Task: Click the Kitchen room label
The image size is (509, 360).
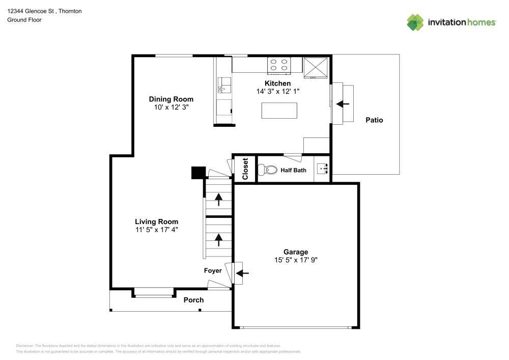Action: click(277, 84)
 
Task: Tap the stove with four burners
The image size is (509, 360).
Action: click(279, 65)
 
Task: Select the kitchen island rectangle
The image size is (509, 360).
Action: click(279, 110)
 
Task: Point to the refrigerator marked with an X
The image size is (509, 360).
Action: click(316, 66)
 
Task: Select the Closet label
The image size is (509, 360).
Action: click(245, 169)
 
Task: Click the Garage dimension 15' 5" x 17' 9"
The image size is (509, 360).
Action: click(296, 260)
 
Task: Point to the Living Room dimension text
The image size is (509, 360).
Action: click(156, 230)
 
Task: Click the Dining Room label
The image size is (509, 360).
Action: click(171, 99)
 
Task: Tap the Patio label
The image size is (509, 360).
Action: click(374, 121)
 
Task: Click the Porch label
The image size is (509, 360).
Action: click(193, 300)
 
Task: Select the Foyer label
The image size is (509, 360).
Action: click(213, 271)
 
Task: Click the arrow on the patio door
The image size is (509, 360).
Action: click(343, 103)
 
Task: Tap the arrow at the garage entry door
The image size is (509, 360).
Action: click(243, 273)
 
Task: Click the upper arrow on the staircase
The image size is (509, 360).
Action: click(219, 199)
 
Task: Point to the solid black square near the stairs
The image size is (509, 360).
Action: click(197, 173)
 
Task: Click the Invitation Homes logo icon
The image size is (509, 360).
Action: click(415, 22)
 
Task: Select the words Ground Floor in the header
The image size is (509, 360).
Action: click(24, 20)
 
